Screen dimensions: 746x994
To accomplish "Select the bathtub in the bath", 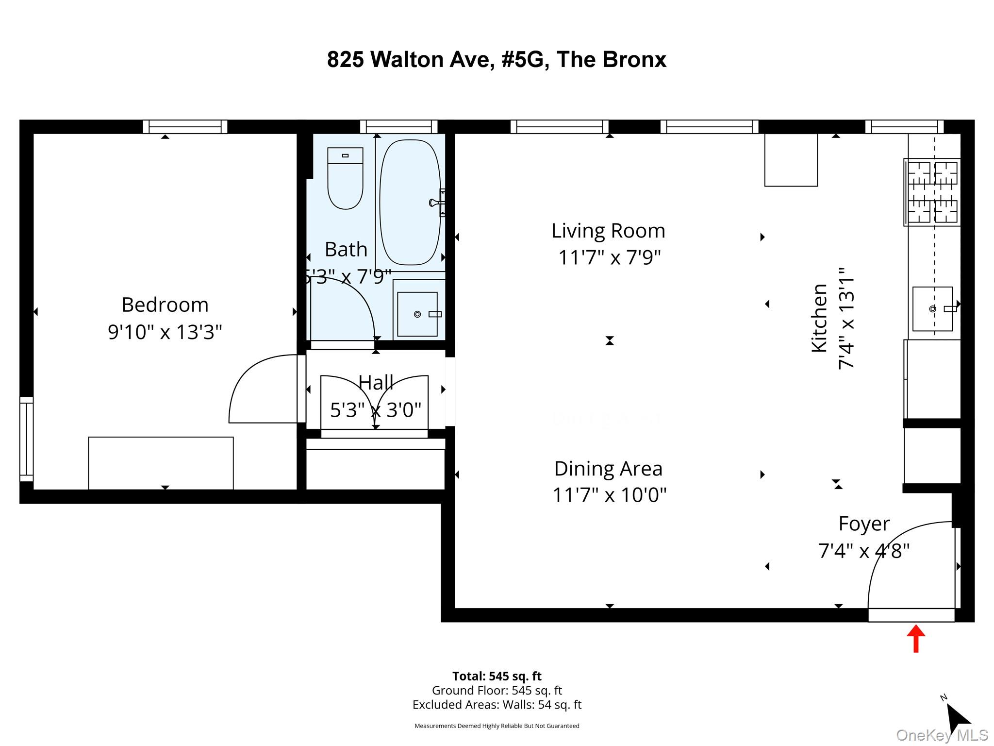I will [410, 202].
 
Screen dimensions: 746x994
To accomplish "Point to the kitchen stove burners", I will [932, 192].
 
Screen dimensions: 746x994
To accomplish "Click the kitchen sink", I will [932, 309].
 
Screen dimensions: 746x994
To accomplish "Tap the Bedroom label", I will [165, 305].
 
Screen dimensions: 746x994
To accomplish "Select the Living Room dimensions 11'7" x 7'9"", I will [609, 257].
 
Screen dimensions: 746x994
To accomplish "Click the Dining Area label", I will [608, 469].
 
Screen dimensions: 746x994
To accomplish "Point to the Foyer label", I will [864, 524].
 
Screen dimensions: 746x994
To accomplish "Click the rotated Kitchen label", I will [820, 318].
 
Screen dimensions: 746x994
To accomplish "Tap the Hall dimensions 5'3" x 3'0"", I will [375, 410].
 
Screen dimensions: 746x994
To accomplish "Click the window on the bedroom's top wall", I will [185, 127].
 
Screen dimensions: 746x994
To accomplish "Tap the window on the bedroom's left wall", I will [27, 439].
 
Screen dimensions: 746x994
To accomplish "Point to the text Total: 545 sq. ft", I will [497, 676].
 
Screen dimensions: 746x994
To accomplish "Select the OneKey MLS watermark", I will [942, 735].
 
